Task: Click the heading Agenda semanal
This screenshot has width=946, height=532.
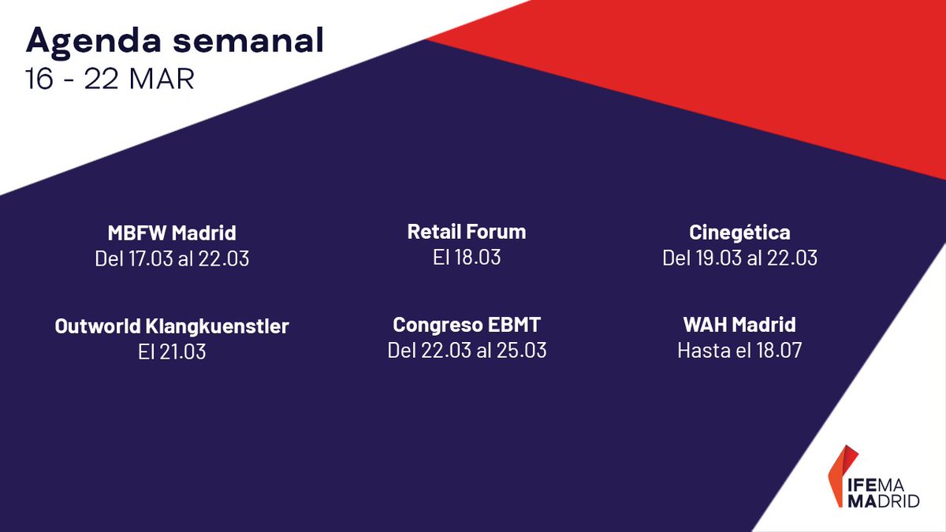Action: (175, 41)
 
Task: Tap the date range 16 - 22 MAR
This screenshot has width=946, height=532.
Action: (110, 80)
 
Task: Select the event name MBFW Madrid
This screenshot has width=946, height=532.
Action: (172, 234)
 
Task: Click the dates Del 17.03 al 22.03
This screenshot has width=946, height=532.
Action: (172, 259)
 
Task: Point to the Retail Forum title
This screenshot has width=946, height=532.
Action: (467, 232)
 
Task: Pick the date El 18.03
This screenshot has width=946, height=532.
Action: (467, 257)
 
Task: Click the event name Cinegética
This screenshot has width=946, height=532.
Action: (739, 233)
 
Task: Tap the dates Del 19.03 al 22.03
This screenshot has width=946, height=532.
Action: (739, 259)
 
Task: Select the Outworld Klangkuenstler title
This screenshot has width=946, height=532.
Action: (172, 326)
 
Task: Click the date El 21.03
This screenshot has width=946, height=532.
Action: (172, 351)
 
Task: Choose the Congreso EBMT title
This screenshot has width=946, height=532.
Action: (467, 325)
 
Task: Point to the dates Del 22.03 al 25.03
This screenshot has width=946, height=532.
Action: (467, 350)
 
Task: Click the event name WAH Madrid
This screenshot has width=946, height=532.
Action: (739, 325)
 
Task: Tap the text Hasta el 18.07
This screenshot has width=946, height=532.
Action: (739, 350)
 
